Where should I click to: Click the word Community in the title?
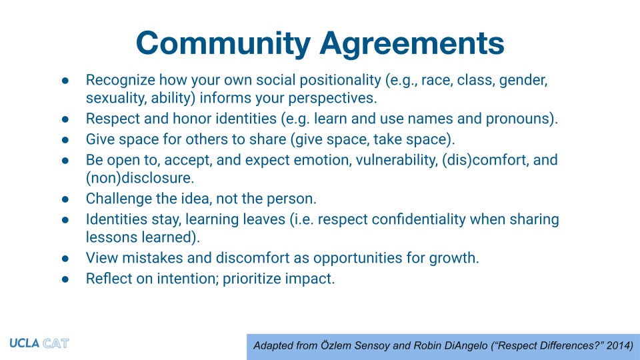pyautogui.click(x=223, y=43)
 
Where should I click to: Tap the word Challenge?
pyautogui.click(x=117, y=199)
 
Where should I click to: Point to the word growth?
pyautogui.click(x=456, y=258)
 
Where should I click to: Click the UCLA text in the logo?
pyautogui.click(x=24, y=344)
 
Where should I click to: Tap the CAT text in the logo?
pyautogui.click(x=55, y=344)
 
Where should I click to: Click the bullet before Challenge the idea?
pyautogui.click(x=65, y=199)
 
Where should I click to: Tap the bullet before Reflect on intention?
pyautogui.click(x=65, y=279)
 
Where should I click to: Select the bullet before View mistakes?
pyautogui.click(x=65, y=259)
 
